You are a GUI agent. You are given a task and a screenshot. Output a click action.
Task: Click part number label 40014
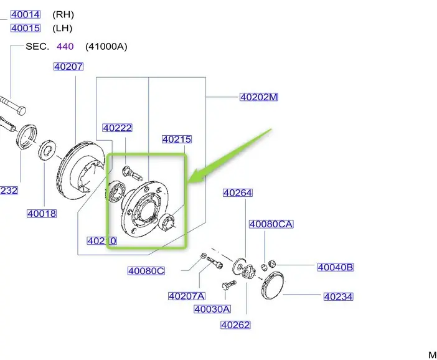25,14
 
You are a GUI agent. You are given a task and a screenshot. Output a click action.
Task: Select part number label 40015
25,28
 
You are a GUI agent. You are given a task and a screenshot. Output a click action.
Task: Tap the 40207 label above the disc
68,67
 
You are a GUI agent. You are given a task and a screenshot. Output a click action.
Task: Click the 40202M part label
258,97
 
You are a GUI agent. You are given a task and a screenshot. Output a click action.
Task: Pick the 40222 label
118,128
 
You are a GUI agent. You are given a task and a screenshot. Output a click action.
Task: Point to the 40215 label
177,140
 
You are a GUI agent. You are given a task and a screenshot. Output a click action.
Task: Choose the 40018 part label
42,214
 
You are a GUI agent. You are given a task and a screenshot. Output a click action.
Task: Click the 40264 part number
238,193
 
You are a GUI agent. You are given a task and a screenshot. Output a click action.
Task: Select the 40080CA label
271,224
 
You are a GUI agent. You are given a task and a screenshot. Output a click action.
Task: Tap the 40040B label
335,267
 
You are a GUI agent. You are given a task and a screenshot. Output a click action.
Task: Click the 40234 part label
338,297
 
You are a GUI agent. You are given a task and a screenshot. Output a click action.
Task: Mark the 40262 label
235,324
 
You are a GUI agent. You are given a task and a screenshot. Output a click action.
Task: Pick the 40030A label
212,309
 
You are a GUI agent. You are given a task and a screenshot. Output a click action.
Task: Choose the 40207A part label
186,296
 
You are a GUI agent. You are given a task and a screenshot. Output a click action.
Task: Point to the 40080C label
146,270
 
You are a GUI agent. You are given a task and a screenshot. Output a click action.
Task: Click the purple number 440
65,46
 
